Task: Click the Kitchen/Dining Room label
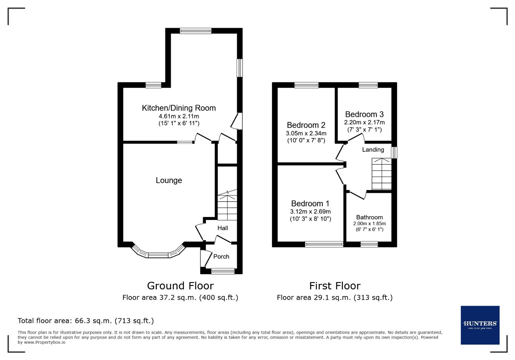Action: [179, 108]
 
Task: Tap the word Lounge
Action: [169, 180]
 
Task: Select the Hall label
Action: [222, 228]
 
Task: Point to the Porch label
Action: [221, 256]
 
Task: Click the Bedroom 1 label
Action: [310, 203]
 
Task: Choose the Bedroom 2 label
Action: [306, 125]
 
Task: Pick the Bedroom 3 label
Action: [364, 114]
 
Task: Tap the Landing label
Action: [373, 150]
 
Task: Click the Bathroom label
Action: [369, 217]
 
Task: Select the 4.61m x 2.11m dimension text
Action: [179, 116]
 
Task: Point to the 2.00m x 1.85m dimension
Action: [369, 224]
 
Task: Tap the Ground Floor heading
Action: [180, 286]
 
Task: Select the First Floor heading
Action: [335, 286]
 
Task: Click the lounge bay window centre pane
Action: [158, 255]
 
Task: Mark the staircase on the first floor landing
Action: [382, 174]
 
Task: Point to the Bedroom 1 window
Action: [324, 244]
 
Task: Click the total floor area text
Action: [86, 321]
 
